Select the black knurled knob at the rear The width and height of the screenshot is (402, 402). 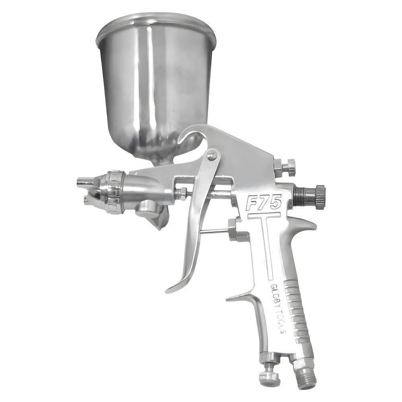pyautogui.click(x=320, y=197)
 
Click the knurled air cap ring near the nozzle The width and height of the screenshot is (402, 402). pyautogui.click(x=115, y=192)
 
